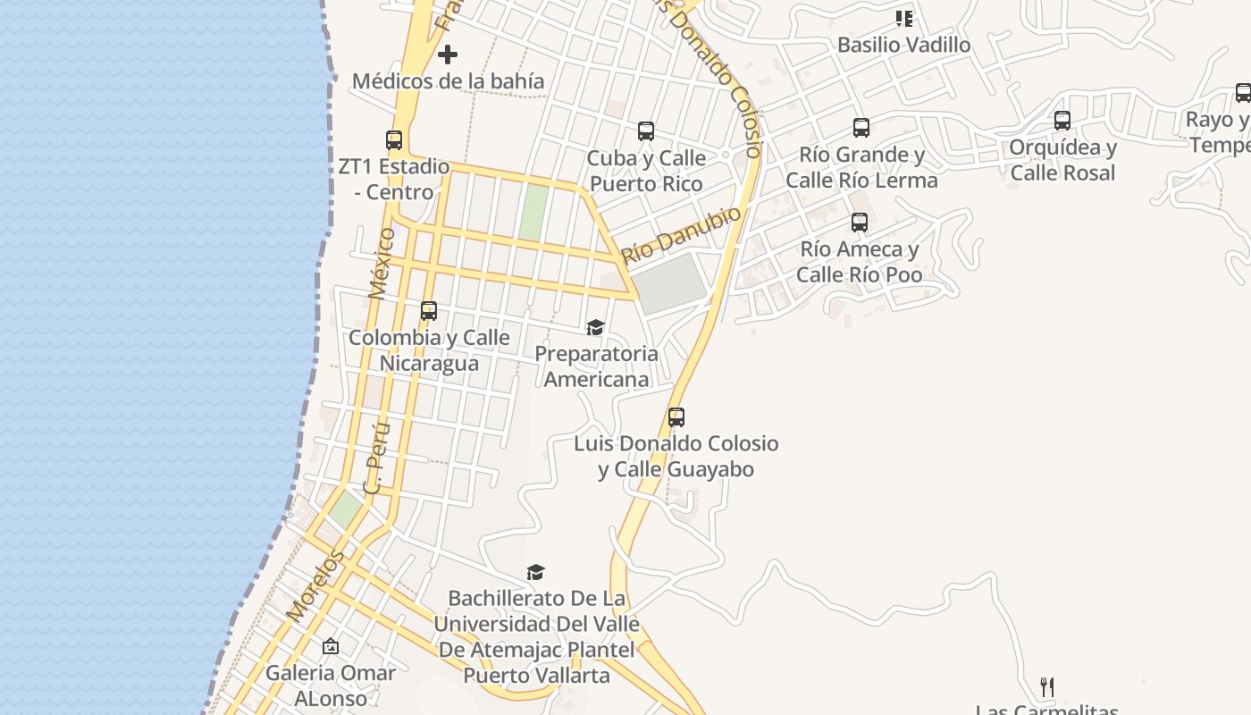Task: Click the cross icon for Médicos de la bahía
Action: click(448, 55)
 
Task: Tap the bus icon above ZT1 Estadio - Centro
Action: click(394, 139)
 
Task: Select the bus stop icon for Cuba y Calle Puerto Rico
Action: click(646, 131)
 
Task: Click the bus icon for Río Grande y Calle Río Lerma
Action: click(861, 128)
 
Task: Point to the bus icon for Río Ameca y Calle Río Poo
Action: click(860, 223)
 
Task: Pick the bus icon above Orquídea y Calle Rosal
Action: click(1062, 121)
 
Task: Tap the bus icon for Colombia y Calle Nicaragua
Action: click(429, 311)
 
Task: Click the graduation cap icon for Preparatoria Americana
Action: click(596, 327)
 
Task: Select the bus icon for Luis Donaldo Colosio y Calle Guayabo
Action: click(676, 417)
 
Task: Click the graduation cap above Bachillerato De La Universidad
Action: click(535, 572)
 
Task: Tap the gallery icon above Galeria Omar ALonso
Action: click(331, 646)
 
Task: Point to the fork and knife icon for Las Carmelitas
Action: click(1047, 687)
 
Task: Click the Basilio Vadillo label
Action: click(903, 45)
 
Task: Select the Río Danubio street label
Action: click(682, 236)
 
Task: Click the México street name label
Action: click(382, 263)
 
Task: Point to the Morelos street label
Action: click(315, 585)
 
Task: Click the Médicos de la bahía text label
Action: click(448, 81)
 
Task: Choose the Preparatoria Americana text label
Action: click(596, 366)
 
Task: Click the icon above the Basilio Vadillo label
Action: click(904, 19)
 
